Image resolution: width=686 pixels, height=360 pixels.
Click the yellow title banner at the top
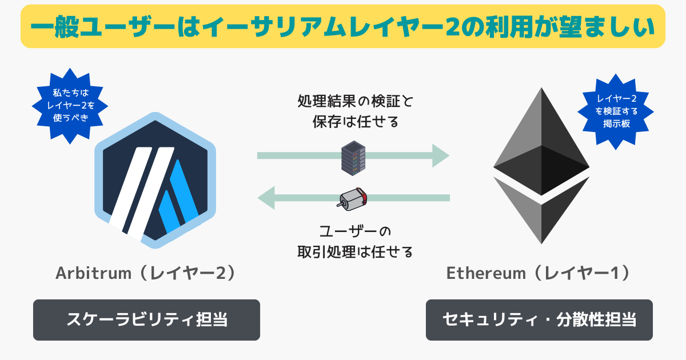tap(343, 26)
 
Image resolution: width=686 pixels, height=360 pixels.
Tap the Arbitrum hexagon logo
tap(155, 181)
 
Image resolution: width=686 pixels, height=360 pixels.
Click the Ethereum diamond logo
tap(541, 166)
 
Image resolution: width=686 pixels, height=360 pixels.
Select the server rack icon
tap(353, 158)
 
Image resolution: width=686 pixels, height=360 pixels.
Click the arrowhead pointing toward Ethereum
tap(440, 155)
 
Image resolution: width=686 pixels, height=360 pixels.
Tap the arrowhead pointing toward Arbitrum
tap(267, 198)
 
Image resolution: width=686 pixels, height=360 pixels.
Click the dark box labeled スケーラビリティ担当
tap(146, 319)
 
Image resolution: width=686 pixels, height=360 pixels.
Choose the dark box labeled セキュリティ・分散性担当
tap(539, 319)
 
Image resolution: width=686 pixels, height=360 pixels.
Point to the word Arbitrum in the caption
tap(86, 274)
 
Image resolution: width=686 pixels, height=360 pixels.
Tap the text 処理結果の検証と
tap(354, 103)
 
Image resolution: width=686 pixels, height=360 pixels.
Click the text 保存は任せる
tap(354, 122)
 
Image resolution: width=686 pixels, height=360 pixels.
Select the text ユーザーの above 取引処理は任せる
tap(354, 231)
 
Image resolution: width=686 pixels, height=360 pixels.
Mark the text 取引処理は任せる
tap(354, 251)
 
